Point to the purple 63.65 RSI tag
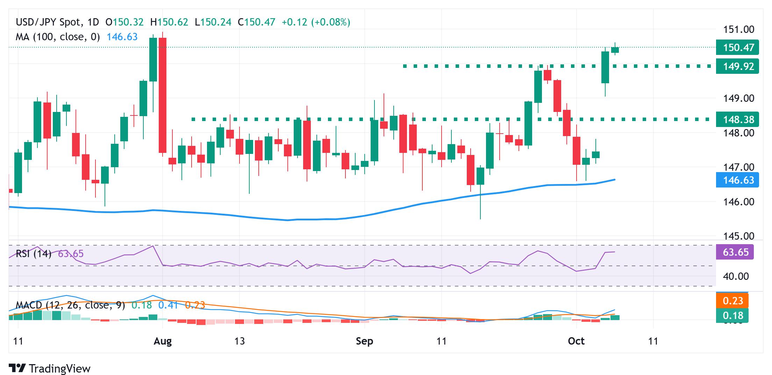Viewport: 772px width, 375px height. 734,252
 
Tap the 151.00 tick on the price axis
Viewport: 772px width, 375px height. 738,29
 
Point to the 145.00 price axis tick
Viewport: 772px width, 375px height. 738,236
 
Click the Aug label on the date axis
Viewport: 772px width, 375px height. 163,341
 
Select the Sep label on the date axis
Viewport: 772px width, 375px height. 364,341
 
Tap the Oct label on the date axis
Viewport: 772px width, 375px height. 576,341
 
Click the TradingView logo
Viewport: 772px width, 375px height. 50,368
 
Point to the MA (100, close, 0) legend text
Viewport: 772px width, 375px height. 58,37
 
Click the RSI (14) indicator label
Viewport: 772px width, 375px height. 34,254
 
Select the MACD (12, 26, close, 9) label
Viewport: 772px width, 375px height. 70,305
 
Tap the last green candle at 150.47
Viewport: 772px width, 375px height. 615,50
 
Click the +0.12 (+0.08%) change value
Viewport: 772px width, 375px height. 316,22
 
